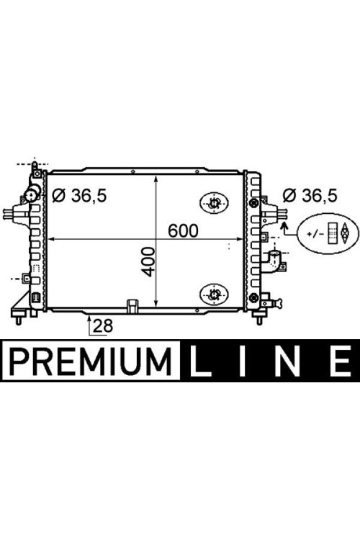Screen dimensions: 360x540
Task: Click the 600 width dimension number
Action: tap(183, 230)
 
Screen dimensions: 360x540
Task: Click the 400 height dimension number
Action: tap(148, 262)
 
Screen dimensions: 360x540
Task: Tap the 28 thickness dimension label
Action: tap(103, 325)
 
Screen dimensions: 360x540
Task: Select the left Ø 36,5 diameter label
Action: tap(79, 196)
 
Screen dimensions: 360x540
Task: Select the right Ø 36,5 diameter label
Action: tap(310, 196)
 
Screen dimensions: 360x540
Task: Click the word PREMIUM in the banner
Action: tap(90, 361)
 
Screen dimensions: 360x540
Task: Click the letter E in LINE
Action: tap(341, 361)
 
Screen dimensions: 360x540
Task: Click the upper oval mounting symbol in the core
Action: tap(215, 203)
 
